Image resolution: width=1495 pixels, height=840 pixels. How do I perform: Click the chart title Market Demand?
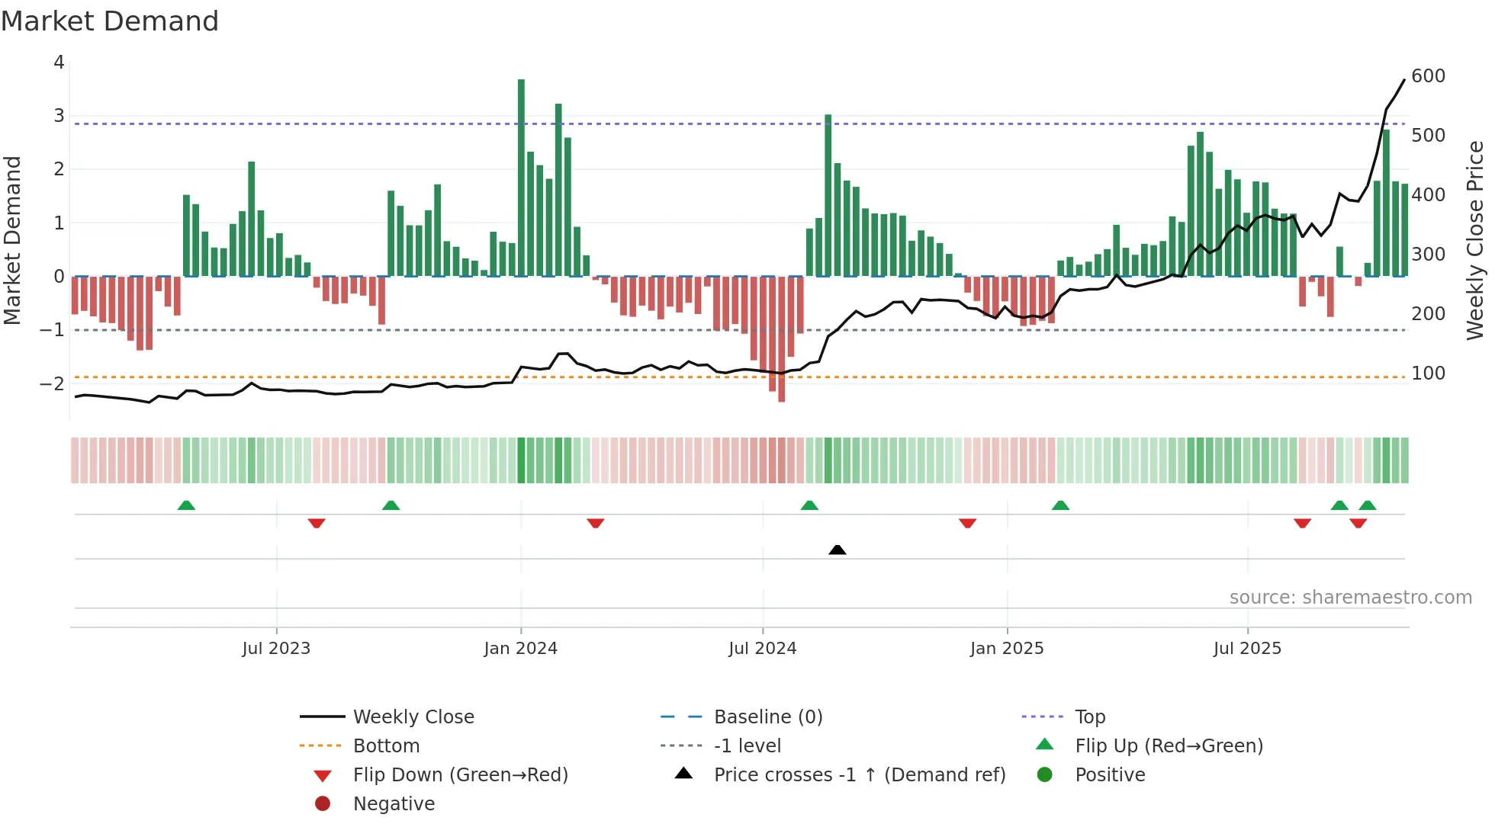pos(110,21)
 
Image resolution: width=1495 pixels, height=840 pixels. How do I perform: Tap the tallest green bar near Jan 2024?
pos(521,177)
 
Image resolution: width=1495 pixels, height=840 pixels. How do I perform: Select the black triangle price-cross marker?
pos(837,550)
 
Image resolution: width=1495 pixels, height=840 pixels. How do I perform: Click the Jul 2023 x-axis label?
pos(276,649)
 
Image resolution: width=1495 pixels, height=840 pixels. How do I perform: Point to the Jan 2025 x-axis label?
pos(1007,649)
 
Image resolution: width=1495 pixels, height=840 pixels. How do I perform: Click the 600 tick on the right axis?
pos(1428,76)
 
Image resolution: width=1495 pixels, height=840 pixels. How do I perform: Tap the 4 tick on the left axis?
pos(59,63)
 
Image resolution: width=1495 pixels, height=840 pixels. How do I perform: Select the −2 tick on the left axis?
pos(53,383)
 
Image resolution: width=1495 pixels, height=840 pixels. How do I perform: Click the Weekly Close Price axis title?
pos(1475,240)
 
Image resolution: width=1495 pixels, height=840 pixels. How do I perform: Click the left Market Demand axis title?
pos(13,240)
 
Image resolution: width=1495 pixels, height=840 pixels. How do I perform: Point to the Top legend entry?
pos(1090,717)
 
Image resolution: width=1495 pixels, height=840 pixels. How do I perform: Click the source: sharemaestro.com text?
pos(1350,598)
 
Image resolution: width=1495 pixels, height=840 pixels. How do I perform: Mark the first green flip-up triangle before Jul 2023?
pos(186,505)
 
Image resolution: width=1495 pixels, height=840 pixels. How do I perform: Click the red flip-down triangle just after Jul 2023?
pos(317,523)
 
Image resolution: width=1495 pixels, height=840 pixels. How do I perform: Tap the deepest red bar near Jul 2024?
pos(781,339)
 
